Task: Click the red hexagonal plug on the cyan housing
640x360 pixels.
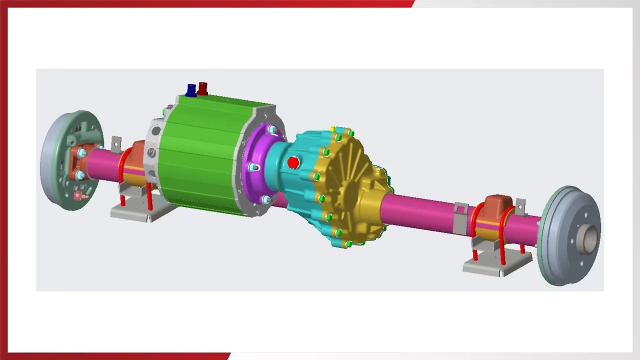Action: (x=293, y=162)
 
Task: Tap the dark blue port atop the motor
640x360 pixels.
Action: (x=191, y=90)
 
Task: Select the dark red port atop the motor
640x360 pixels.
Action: (x=202, y=88)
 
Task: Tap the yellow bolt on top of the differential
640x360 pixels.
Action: (x=332, y=129)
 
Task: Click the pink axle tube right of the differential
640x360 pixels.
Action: (x=420, y=210)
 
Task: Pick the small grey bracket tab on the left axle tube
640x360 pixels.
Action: (x=116, y=145)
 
